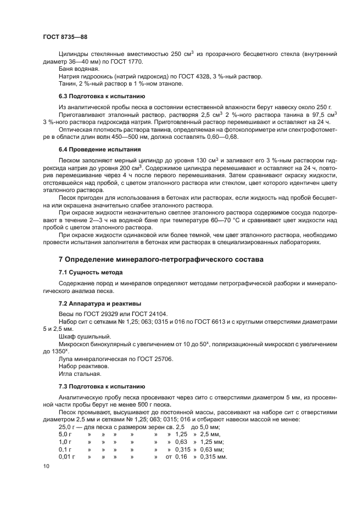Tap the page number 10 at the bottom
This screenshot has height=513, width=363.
point(46,465)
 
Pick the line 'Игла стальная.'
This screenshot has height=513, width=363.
point(80,374)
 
